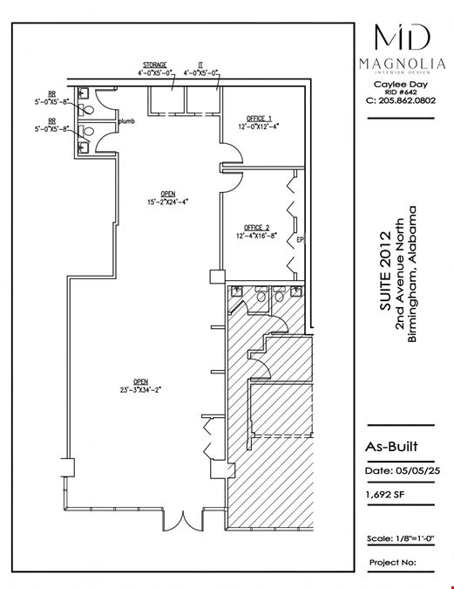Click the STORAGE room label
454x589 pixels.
(154, 65)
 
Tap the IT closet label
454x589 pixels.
(200, 65)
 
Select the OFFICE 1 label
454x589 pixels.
(259, 119)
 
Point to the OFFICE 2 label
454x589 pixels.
(257, 228)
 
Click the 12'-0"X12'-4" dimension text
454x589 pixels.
(259, 127)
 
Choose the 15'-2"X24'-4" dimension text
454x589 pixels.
(167, 202)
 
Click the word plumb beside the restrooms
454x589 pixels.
(126, 121)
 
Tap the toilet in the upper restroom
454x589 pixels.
(86, 110)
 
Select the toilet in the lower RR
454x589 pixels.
(86, 131)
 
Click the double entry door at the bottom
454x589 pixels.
(183, 521)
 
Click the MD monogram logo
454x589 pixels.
(403, 37)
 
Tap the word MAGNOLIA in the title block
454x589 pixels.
(403, 64)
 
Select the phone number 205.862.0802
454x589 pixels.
(407, 100)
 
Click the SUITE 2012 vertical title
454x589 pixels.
(385, 271)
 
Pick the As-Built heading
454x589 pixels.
(391, 447)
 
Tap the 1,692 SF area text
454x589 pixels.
(385, 495)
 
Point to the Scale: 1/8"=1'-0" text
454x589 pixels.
(400, 538)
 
